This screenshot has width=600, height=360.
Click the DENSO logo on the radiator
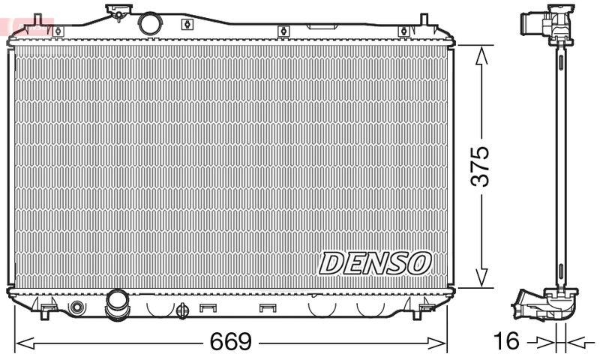376,262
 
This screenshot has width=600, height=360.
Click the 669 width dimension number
229,342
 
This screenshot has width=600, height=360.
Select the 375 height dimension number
481,166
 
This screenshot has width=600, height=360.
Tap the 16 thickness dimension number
507,342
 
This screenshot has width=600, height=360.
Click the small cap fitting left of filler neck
116,12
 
